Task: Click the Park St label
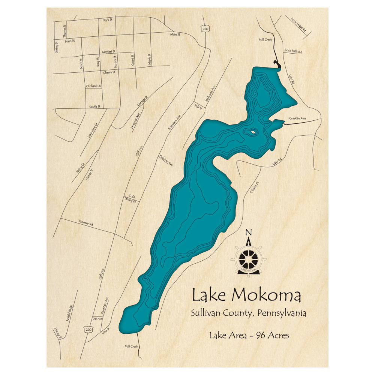click(x=108, y=19)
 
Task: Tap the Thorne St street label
click(x=64, y=31)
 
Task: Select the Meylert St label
click(x=109, y=51)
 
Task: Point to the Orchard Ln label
click(x=93, y=86)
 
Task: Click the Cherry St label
click(x=109, y=72)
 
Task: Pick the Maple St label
click(x=149, y=59)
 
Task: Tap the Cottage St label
click(x=142, y=100)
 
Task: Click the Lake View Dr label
click(x=92, y=130)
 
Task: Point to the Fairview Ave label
click(x=166, y=160)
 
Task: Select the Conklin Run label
click(x=297, y=118)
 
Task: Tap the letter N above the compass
click(x=248, y=233)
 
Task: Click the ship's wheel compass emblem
click(x=248, y=259)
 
